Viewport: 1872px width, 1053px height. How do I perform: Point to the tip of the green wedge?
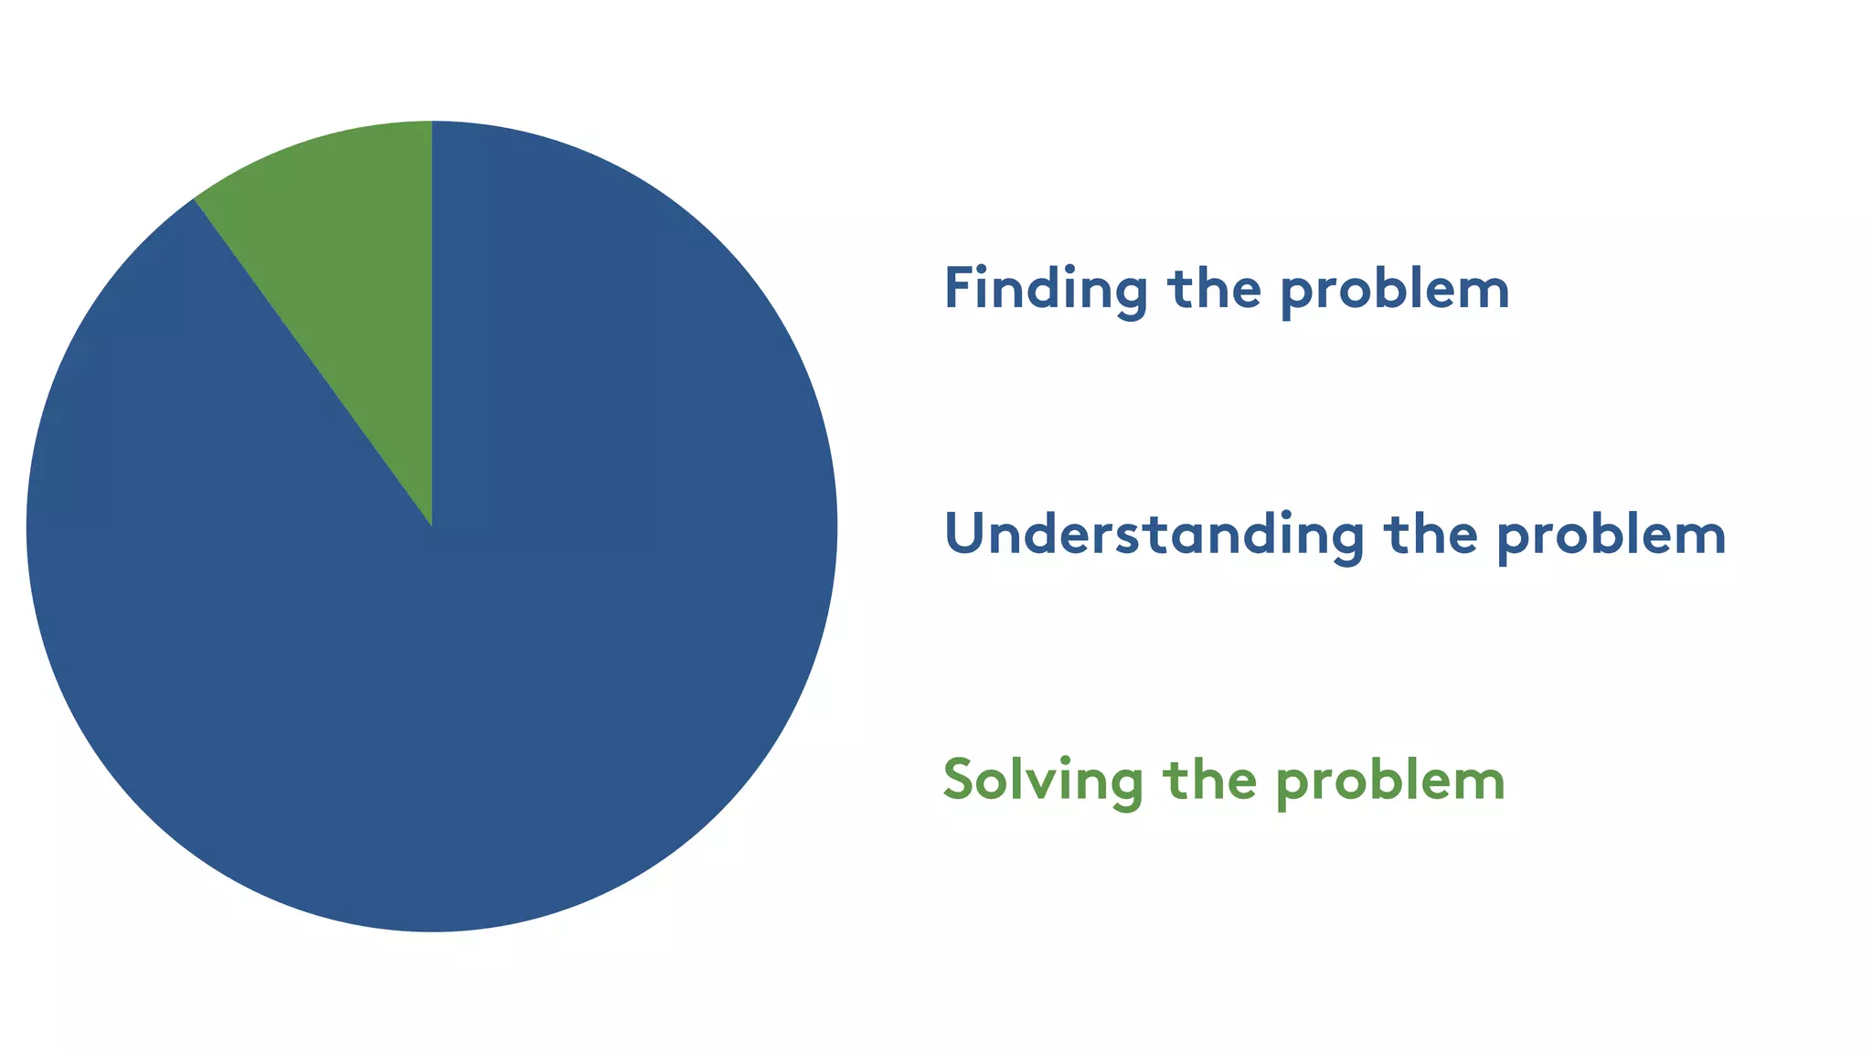click(431, 524)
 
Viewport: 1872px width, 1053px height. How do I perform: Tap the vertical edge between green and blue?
click(431, 320)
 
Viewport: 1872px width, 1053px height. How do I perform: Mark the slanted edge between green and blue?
click(311, 361)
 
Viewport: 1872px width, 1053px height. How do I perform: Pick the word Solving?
click(1043, 781)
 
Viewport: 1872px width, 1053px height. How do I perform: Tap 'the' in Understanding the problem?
click(1431, 535)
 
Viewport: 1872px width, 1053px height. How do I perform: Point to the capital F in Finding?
click(958, 288)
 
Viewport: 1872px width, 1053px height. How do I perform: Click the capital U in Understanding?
click(964, 535)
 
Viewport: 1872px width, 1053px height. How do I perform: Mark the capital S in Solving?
click(959, 780)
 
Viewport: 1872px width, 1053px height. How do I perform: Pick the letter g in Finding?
click(1130, 294)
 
